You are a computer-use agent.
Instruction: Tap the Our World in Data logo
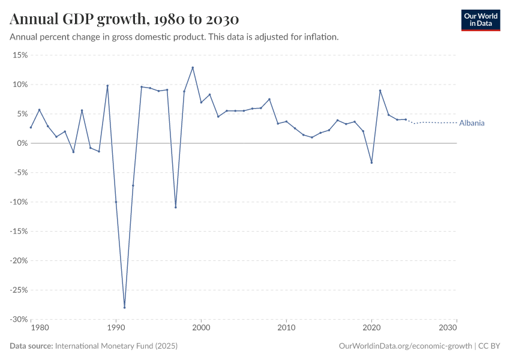coord(480,20)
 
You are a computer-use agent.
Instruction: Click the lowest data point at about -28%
coord(124,307)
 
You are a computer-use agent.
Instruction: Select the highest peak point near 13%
coord(193,67)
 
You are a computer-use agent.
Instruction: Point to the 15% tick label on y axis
coord(20,55)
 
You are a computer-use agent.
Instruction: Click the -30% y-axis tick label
coord(19,319)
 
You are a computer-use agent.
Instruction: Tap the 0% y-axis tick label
coord(22,143)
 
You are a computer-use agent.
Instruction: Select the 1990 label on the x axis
coord(116,328)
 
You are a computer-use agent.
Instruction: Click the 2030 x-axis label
coord(448,328)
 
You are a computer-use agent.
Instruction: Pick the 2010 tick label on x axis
coord(286,328)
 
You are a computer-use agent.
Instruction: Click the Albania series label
coord(472,123)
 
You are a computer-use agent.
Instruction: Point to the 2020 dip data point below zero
coord(371,163)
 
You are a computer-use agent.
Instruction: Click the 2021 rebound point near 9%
coord(380,91)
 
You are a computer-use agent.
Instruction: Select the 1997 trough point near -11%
coord(176,207)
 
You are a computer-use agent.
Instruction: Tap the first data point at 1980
coord(31,127)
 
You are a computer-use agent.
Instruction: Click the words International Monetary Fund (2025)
coord(116,346)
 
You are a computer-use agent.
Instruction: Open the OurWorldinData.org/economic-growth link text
coord(405,346)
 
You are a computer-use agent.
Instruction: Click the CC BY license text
coord(489,346)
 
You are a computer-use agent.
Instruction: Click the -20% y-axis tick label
coord(19,260)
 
